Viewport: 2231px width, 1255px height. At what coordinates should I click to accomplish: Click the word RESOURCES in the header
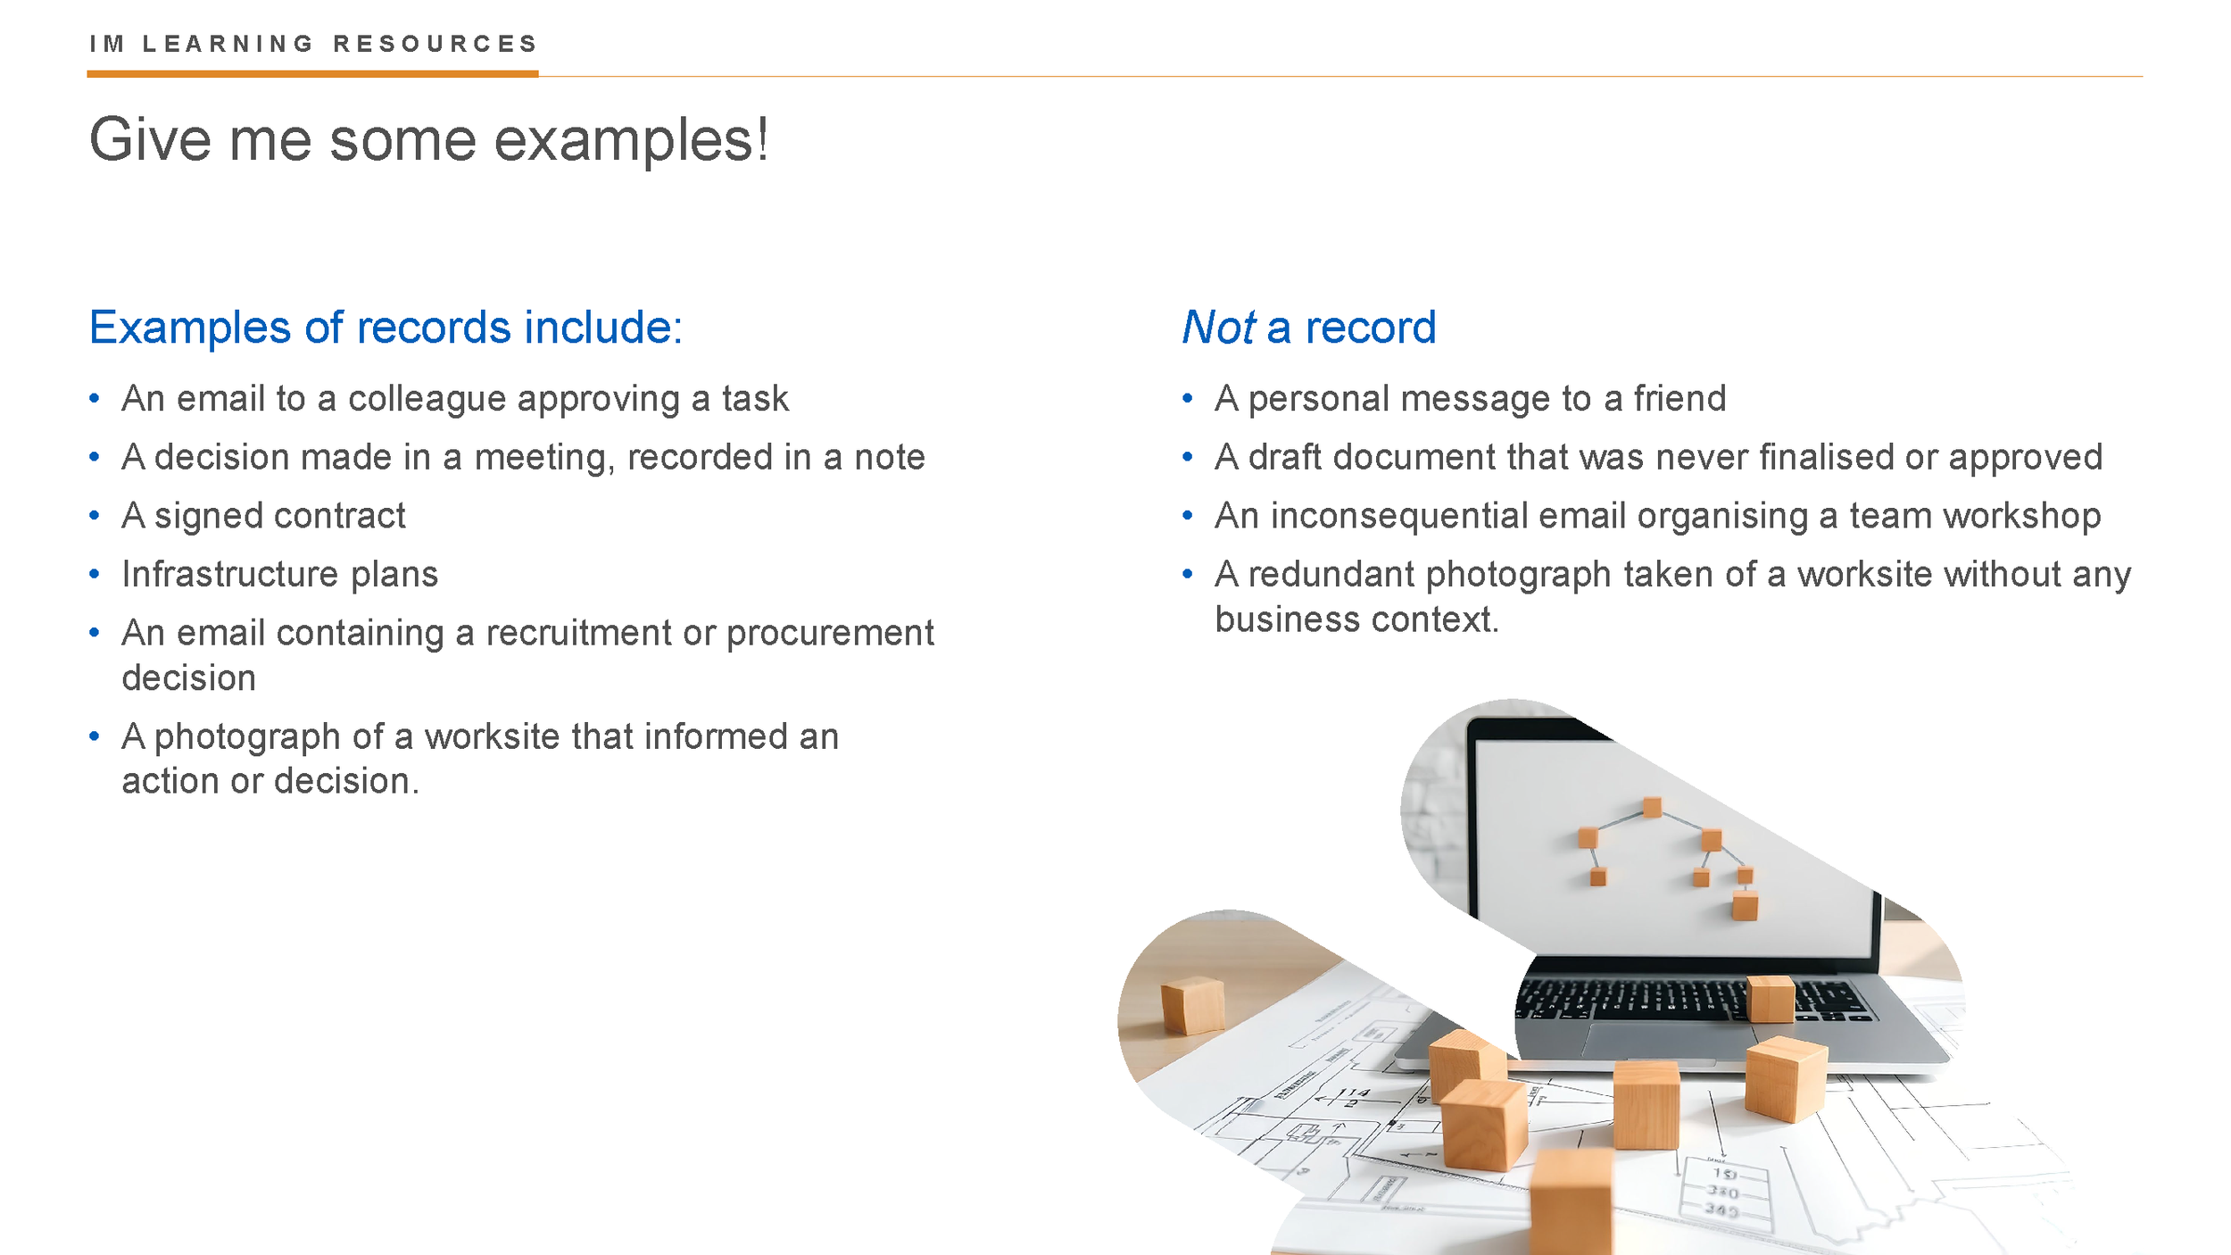435,44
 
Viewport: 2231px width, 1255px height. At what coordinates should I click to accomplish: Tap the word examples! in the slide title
631,141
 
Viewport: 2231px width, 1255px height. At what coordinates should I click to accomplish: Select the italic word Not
1218,328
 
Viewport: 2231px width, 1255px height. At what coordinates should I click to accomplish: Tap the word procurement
830,633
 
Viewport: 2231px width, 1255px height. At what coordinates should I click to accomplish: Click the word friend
1679,399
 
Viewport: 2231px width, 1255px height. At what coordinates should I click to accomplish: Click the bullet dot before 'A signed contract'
95,516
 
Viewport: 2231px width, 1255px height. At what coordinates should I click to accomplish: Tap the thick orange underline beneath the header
312,74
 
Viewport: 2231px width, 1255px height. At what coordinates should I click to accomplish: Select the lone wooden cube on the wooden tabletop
1192,1005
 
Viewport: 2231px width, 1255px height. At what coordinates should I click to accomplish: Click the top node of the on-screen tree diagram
1652,808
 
